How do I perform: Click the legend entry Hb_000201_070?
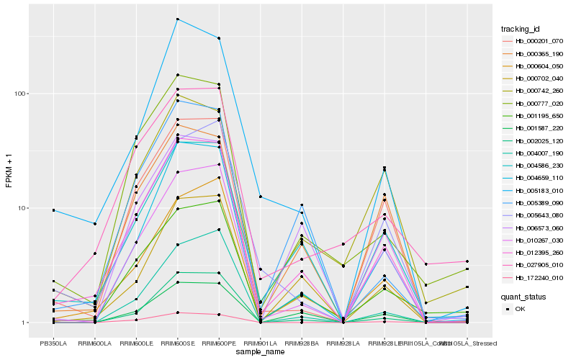(537, 41)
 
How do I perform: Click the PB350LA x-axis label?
(53, 343)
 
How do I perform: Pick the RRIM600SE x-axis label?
(177, 343)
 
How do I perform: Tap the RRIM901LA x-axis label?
(260, 343)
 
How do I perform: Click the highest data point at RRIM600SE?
(177, 19)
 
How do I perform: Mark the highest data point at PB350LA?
(53, 210)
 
